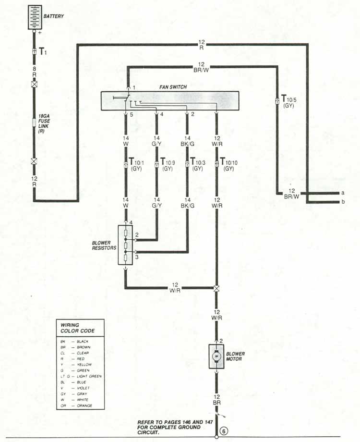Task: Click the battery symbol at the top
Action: [34, 17]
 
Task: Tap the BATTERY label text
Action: [54, 16]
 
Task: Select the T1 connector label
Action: [42, 50]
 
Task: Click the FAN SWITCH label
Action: [173, 87]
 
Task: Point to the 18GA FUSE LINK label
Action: [44, 123]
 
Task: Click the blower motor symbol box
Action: [216, 356]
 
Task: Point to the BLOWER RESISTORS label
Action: [104, 246]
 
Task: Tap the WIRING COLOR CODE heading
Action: [77, 328]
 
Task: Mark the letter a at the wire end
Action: [342, 193]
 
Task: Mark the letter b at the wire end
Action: [342, 202]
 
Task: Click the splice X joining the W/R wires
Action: [216, 288]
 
